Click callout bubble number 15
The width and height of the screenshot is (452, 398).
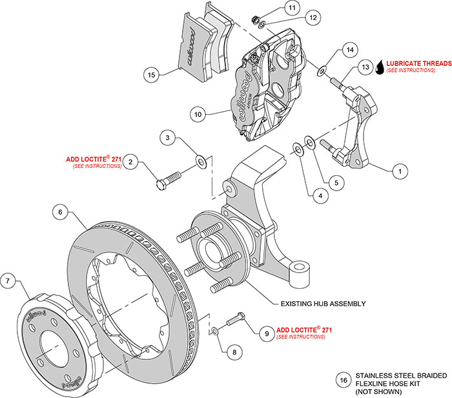coord(152,75)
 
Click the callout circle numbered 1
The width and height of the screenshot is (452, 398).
coord(400,171)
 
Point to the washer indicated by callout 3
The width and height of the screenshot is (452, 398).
coord(201,160)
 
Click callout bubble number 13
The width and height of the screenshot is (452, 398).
coord(365,67)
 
